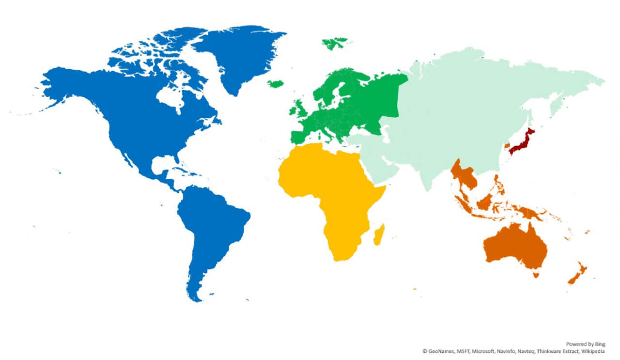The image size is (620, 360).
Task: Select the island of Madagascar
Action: [x=379, y=235]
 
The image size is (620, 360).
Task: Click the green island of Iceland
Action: [x=276, y=84]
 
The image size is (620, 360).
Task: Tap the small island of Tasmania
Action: [x=536, y=275]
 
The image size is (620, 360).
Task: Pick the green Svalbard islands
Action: [x=334, y=43]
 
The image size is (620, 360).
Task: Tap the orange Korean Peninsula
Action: [x=507, y=145]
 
